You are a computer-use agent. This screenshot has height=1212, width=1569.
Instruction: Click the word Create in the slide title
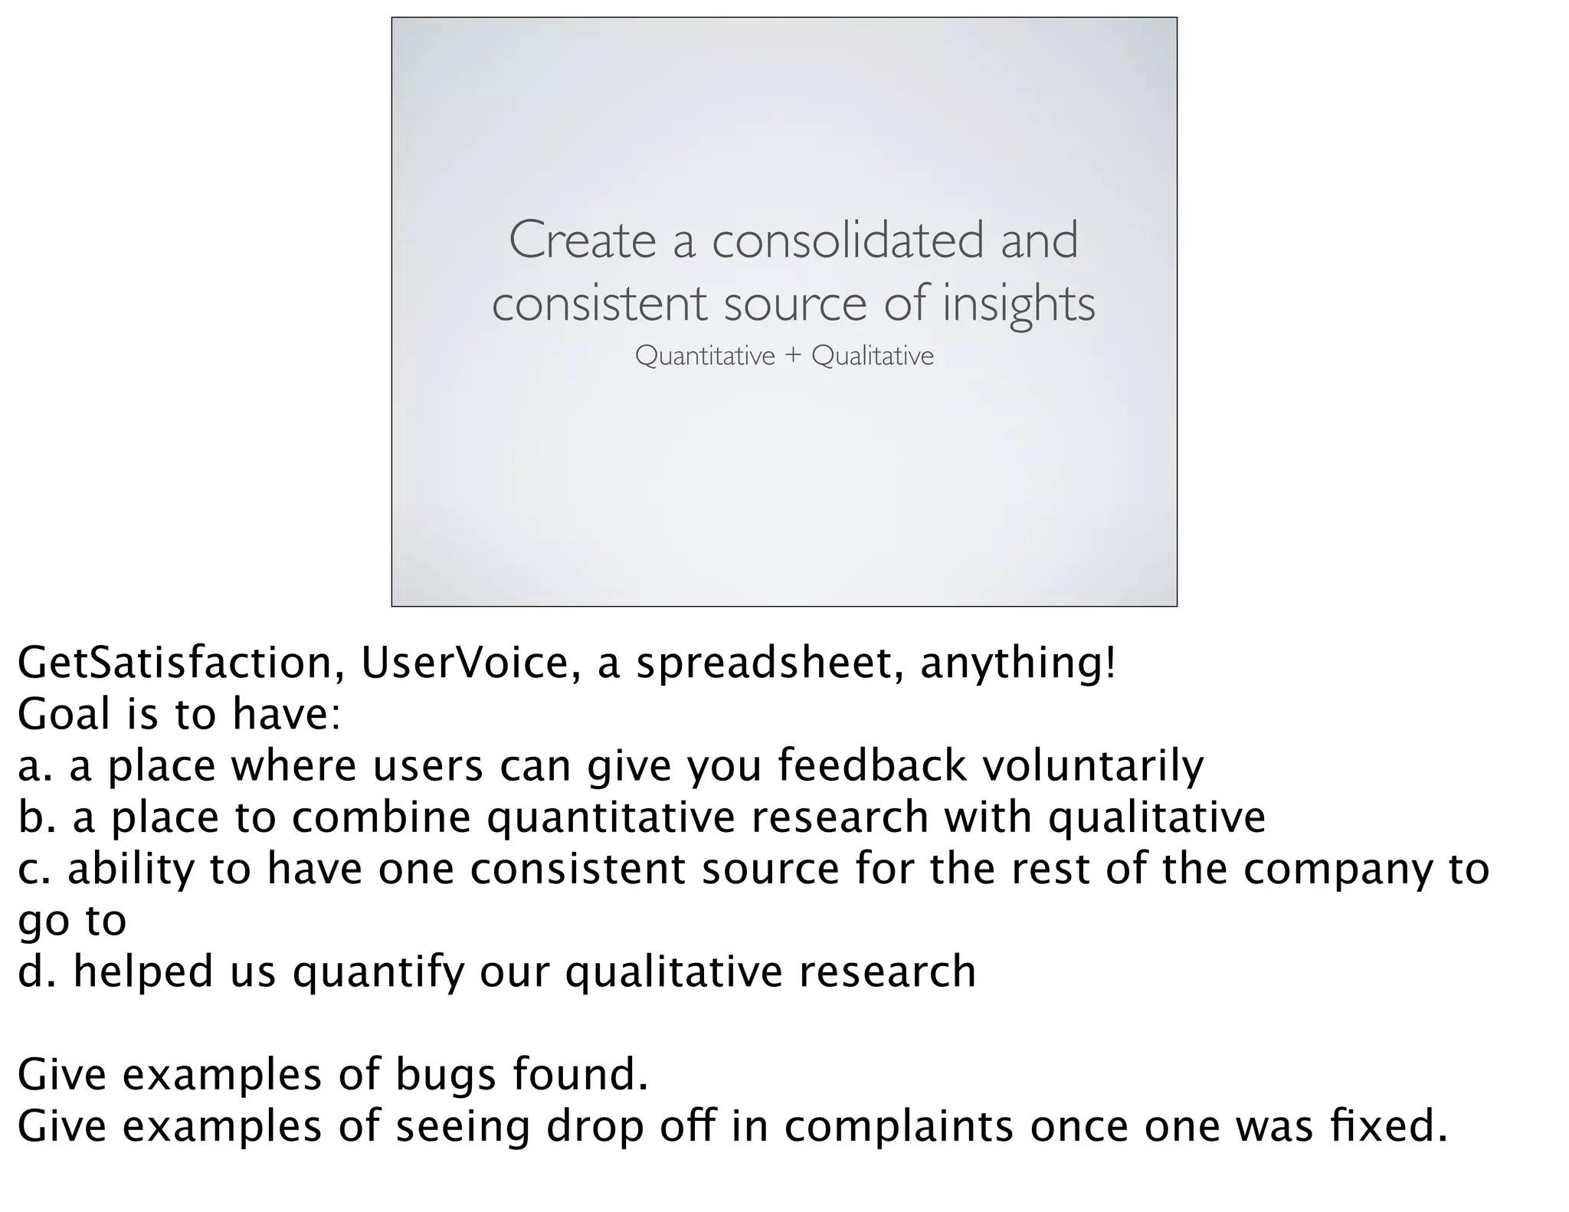581,240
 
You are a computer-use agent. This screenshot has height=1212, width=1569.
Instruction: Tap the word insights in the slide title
1018,304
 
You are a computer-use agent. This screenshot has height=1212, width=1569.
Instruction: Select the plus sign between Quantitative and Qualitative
793,356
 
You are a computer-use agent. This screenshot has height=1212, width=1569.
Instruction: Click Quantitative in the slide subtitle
705,356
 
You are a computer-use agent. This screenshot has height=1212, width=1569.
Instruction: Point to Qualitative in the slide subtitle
873,356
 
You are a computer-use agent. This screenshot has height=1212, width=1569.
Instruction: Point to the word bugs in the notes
446,1075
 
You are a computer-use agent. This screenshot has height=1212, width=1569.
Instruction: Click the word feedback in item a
872,766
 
